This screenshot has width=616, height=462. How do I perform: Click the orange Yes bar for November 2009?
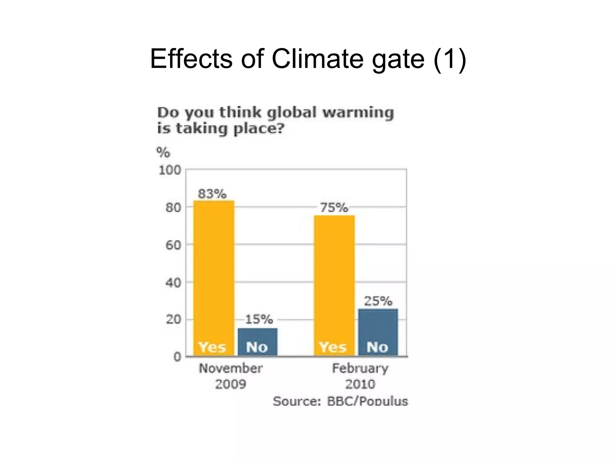click(x=214, y=271)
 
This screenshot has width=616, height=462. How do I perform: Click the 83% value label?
click(x=212, y=194)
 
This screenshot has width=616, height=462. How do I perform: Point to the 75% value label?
click(x=334, y=208)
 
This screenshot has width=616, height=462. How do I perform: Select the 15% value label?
click(x=259, y=319)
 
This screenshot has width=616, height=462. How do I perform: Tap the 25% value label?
click(x=378, y=301)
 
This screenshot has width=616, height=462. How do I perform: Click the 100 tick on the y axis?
click(x=170, y=171)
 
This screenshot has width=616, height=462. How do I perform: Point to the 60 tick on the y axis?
click(x=173, y=245)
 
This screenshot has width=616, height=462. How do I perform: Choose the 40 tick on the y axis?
click(x=173, y=282)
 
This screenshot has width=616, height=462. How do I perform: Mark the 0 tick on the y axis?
click(x=177, y=357)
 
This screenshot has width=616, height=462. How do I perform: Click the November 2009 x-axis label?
click(x=231, y=376)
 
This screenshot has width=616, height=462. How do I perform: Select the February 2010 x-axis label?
click(x=360, y=376)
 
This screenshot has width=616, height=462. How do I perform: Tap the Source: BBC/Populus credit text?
click(x=340, y=401)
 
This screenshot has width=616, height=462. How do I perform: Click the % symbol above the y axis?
click(x=163, y=152)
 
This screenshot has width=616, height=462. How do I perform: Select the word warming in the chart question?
click(x=358, y=113)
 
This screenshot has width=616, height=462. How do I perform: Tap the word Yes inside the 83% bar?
click(x=212, y=347)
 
